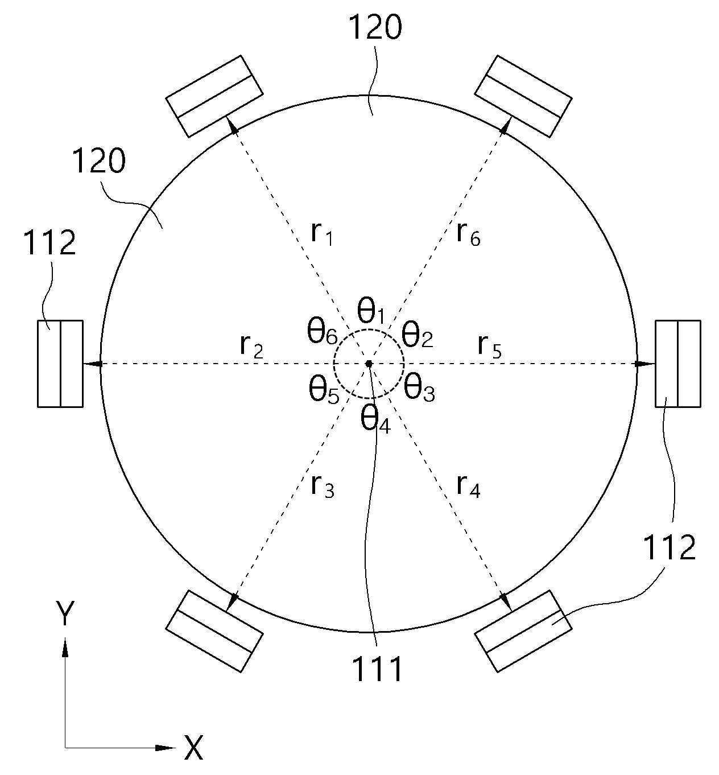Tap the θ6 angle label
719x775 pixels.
point(323,332)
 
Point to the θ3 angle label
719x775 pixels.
point(419,389)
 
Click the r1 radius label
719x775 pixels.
point(321,234)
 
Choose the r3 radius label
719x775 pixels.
point(323,487)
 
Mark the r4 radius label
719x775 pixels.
point(469,487)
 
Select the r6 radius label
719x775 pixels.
point(469,234)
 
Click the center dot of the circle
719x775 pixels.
point(369,364)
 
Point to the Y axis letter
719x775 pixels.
point(65,613)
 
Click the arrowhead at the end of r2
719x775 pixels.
point(93,364)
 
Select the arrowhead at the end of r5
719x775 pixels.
point(645,364)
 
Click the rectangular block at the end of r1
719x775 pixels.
point(214,96)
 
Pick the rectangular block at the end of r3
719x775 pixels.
point(214,631)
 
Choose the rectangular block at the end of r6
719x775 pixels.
point(523,96)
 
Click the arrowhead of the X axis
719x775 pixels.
point(166,748)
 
